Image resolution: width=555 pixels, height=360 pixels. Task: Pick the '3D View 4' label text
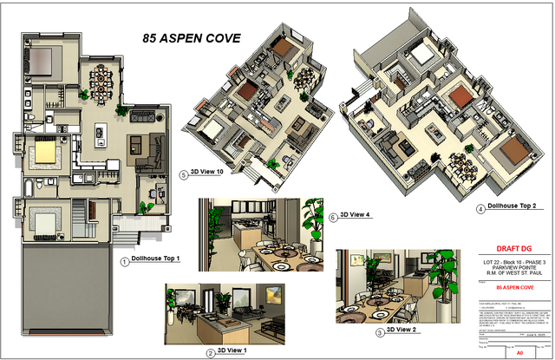[355, 214]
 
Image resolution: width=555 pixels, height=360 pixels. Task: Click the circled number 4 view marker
[480, 208]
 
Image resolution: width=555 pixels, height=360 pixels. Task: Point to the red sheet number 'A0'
[519, 353]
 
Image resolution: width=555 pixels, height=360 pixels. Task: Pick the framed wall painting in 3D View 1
[277, 292]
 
